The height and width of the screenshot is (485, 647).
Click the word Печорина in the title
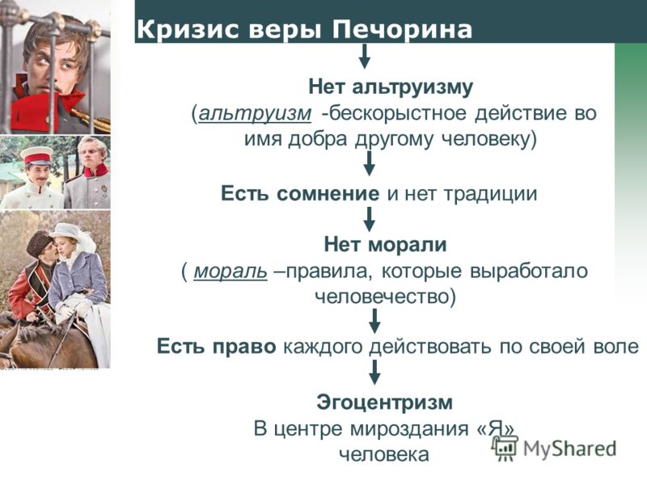pyautogui.click(x=402, y=30)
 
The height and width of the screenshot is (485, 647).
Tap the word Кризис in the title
pyautogui.click(x=188, y=29)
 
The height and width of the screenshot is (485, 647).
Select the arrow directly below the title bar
pyautogui.click(x=364, y=57)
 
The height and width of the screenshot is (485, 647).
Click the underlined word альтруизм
pyautogui.click(x=255, y=113)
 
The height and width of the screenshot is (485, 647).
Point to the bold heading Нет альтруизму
pyautogui.click(x=391, y=87)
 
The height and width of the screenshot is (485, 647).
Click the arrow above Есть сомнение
pyautogui.click(x=370, y=164)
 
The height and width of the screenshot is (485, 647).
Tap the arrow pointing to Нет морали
pyautogui.click(x=370, y=219)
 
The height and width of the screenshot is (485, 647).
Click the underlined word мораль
pyautogui.click(x=230, y=271)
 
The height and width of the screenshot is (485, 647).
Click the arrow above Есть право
pyautogui.click(x=374, y=321)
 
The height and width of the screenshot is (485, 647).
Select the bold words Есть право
pyautogui.click(x=216, y=347)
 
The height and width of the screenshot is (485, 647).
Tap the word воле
pyautogui.click(x=616, y=346)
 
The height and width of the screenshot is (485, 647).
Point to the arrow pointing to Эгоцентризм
pyautogui.click(x=374, y=373)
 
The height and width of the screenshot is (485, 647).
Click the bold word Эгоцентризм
pyautogui.click(x=385, y=402)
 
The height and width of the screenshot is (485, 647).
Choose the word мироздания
pyautogui.click(x=408, y=428)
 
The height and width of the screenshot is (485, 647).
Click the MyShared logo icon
pyautogui.click(x=504, y=448)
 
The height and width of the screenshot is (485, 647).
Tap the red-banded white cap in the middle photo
pyautogui.click(x=36, y=156)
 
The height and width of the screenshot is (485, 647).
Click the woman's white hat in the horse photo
pyautogui.click(x=66, y=231)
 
